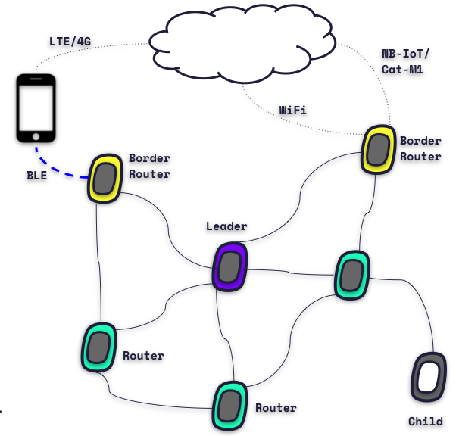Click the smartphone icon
(36, 108)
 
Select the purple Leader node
(229, 266)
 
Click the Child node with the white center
(428, 377)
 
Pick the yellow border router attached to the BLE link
(106, 179)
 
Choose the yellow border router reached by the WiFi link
(376, 149)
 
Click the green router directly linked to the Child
(352, 274)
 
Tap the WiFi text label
(292, 110)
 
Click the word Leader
(226, 226)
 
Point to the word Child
(425, 422)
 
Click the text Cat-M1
(402, 70)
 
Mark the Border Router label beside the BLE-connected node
(148, 166)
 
